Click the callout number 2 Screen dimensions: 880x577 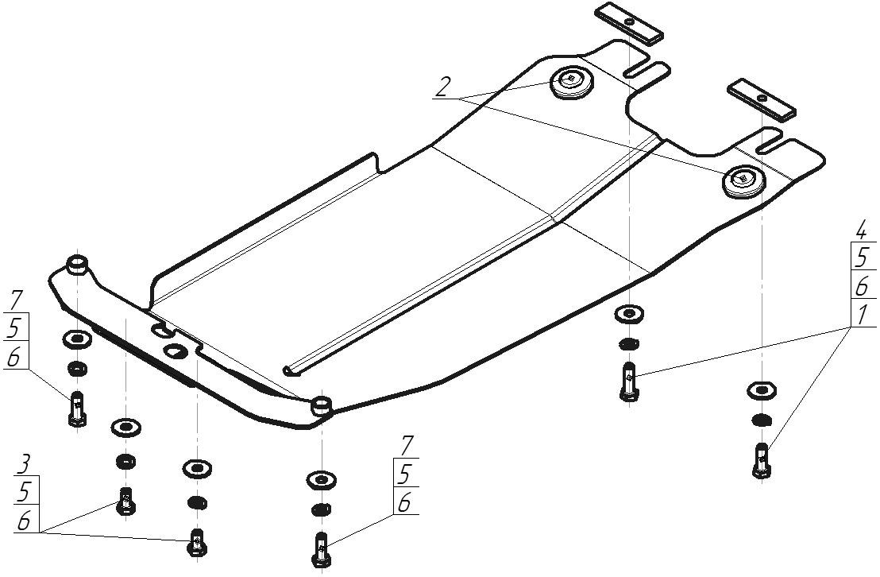click(443, 87)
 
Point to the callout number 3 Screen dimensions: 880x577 click(23, 466)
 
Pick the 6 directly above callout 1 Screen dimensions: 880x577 click(862, 286)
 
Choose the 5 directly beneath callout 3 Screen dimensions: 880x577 click(24, 493)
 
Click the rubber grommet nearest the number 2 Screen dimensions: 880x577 click(572, 83)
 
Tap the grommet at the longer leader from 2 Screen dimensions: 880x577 click(744, 181)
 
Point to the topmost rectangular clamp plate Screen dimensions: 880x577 click(629, 23)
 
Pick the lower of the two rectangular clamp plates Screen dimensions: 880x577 click(762, 99)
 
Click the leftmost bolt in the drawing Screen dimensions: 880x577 click(78, 408)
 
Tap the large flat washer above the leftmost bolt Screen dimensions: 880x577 click(78, 340)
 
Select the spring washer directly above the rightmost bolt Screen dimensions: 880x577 click(762, 419)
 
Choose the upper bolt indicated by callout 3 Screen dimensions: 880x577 click(125, 500)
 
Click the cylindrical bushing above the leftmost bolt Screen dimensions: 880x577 click(77, 265)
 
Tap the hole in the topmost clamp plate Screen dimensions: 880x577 click(629, 21)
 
